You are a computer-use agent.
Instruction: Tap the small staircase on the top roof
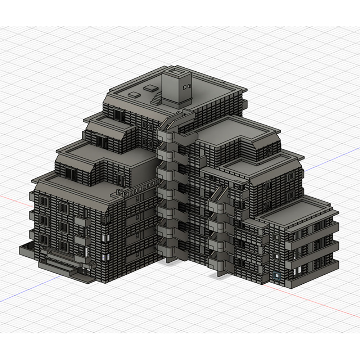pos(157,98)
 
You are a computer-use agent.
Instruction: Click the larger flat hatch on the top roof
pos(150,87)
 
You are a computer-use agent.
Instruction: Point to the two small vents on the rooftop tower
pos(186,87)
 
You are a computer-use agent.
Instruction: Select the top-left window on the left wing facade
pos(44,202)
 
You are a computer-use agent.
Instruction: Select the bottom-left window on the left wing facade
pos(44,239)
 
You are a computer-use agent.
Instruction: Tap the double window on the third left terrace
pos(72,175)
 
